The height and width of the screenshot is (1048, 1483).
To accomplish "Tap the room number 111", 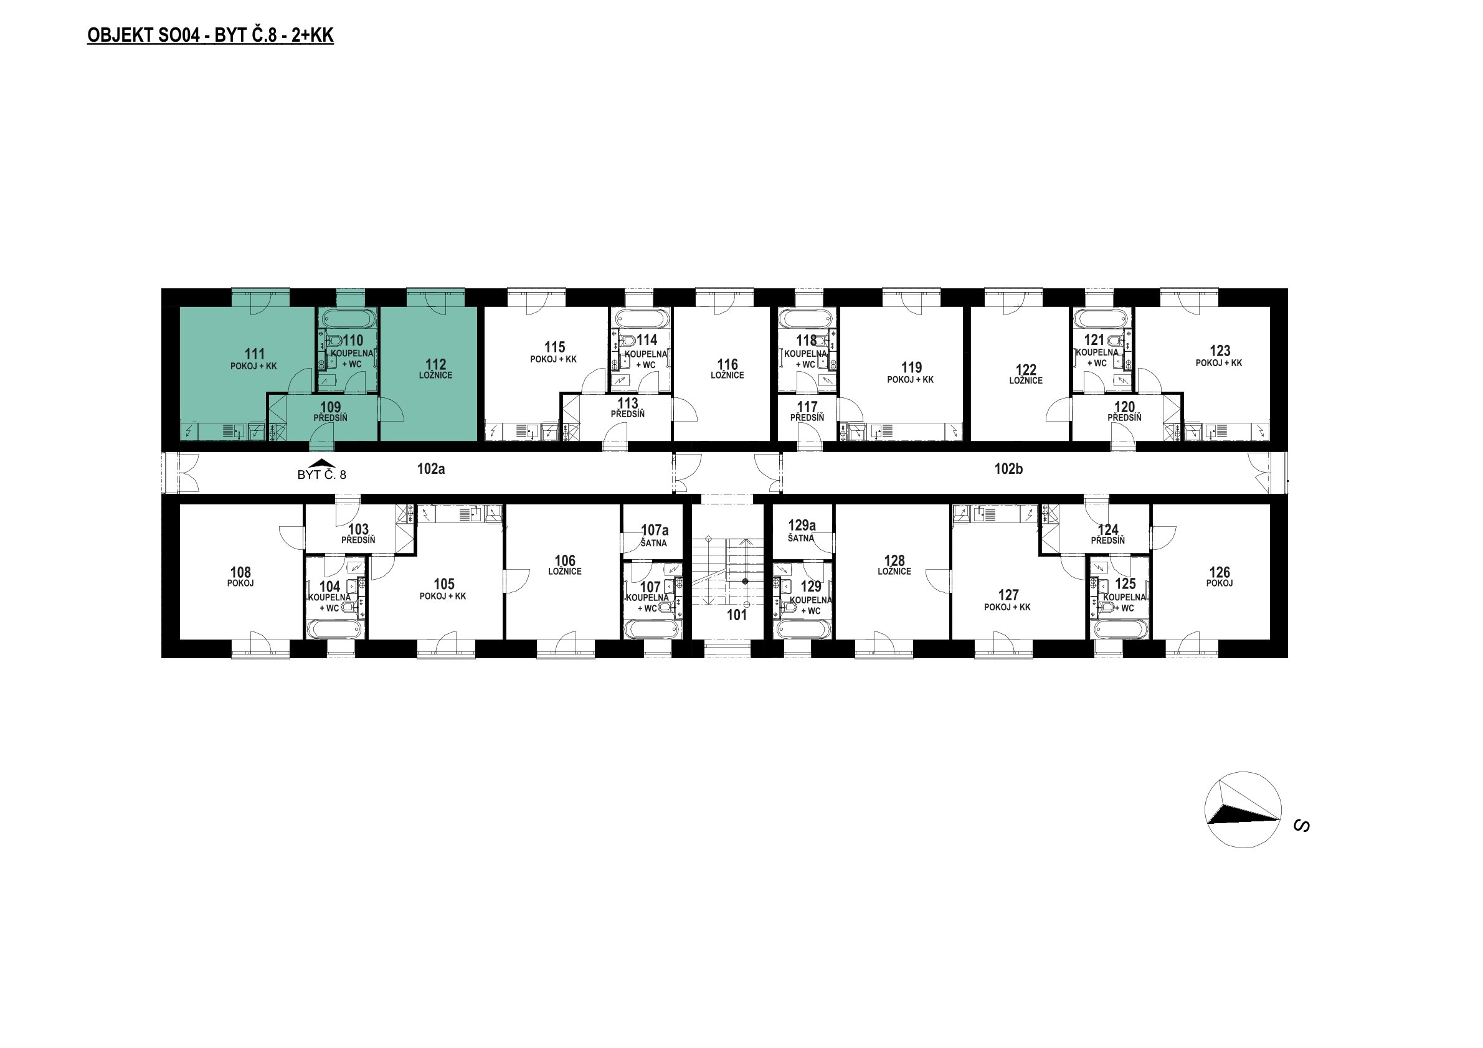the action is [255, 354].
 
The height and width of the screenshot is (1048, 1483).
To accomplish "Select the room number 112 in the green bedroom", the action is [436, 364].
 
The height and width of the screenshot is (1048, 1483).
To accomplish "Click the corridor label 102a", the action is [431, 469].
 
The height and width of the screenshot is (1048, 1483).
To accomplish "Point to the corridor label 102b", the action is [1008, 469].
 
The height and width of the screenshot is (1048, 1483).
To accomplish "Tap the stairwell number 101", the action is [737, 615].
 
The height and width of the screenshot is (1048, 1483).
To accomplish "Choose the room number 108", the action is [240, 572].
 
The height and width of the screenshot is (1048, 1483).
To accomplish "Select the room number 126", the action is [1220, 572].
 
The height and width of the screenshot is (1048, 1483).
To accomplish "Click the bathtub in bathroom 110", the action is [348, 318].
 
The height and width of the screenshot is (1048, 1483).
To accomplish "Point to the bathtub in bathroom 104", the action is [334, 629].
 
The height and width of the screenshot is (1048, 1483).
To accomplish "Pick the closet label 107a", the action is [655, 530].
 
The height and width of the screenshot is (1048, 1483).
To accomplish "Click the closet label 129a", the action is [802, 526].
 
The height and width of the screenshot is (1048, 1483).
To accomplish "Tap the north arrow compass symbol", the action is [1243, 810].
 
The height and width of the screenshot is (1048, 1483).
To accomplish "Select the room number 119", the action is [911, 368].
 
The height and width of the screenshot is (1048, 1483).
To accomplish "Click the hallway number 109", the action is [331, 407].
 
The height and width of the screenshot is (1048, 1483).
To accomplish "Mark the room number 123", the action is [1220, 351].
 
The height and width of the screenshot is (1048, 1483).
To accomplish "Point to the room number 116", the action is [728, 364].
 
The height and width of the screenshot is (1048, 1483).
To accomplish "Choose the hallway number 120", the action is [1124, 407].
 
